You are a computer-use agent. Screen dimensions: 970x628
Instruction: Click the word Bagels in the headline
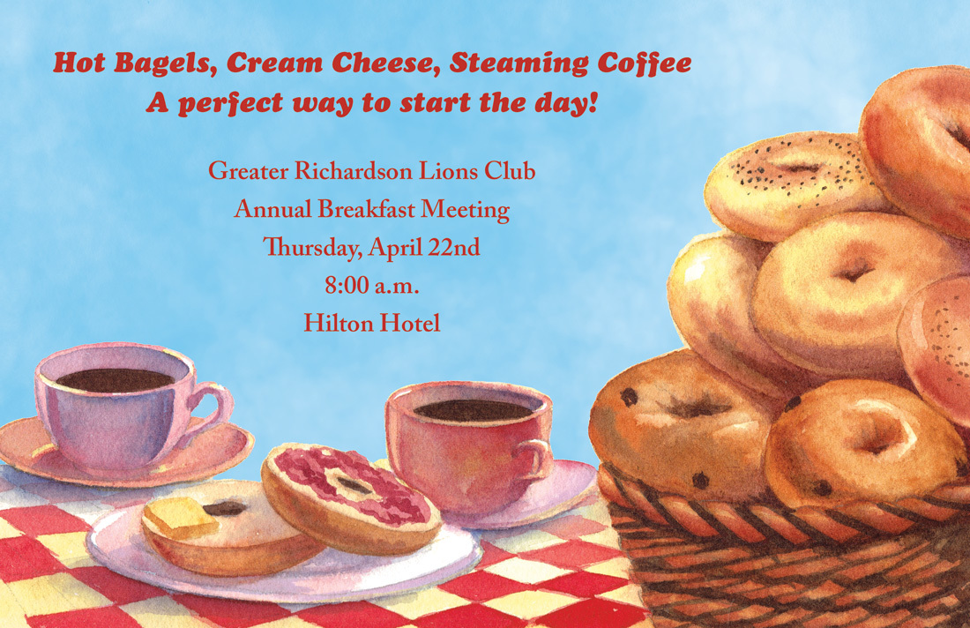point(165,64)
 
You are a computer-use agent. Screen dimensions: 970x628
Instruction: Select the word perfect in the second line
point(230,103)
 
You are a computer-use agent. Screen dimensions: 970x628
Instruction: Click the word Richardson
point(354,171)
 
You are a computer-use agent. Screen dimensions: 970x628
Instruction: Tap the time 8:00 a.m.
point(372,286)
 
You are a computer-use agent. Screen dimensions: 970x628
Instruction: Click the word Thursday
point(312,248)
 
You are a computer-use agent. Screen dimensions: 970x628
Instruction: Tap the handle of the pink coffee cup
point(537,459)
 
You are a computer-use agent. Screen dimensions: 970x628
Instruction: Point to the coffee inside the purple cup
point(115,380)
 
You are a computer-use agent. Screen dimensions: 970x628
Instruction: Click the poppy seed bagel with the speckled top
point(795,185)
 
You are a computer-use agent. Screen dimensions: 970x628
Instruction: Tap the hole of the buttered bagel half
point(225,509)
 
